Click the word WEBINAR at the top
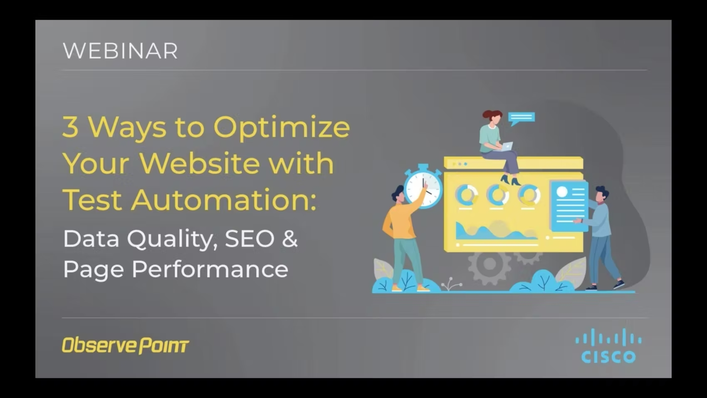[x=120, y=51]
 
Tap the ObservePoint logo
[x=125, y=345]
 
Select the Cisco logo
[x=608, y=346]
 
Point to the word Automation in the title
[x=223, y=200]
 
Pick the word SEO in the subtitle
[x=250, y=239]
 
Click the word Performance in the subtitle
[x=210, y=269]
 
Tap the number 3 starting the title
[x=70, y=126]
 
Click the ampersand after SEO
[x=290, y=239]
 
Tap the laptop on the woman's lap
[x=506, y=147]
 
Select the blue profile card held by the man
[x=569, y=205]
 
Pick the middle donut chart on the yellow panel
[x=497, y=194]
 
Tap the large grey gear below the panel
[x=489, y=265]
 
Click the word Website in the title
[x=200, y=163]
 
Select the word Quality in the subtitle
[x=171, y=239]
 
